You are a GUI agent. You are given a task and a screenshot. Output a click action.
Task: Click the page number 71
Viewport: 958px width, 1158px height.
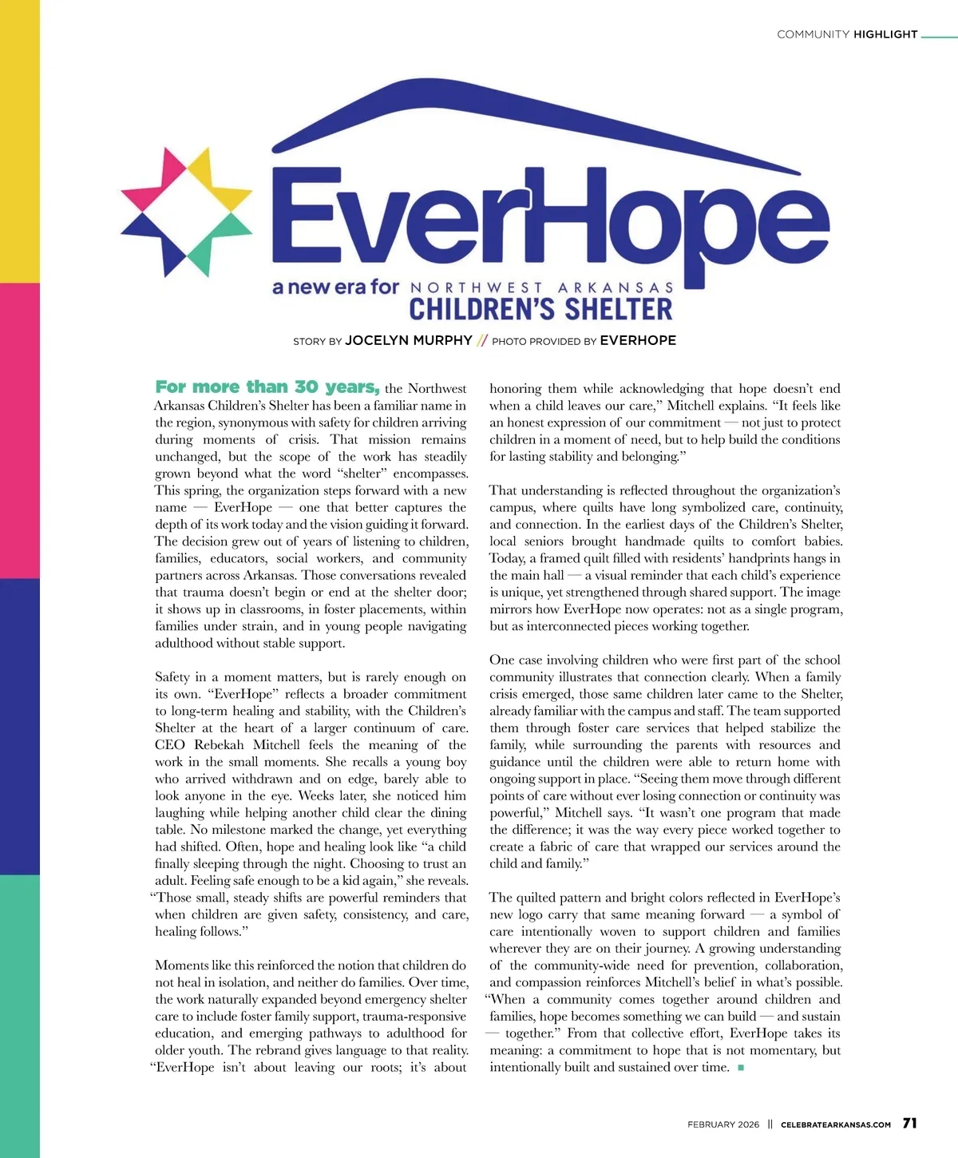click(909, 1123)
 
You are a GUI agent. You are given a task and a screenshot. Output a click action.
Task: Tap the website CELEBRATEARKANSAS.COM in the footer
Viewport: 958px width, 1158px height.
click(836, 1124)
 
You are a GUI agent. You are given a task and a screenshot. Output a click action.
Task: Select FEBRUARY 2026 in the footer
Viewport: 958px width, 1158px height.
click(723, 1124)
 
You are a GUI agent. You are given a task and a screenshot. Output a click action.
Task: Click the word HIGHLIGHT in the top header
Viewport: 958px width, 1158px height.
click(885, 34)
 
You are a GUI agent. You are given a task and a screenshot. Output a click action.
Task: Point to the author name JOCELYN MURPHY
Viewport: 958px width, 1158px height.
click(409, 340)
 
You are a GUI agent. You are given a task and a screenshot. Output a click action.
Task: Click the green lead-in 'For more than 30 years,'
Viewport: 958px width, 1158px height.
click(267, 387)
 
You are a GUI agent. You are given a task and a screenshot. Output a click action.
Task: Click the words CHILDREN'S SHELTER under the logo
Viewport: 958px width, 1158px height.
click(540, 309)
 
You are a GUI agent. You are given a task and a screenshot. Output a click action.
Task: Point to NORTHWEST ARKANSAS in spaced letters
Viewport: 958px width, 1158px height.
click(542, 288)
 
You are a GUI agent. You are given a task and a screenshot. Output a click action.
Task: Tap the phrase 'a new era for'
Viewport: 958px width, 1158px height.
click(335, 287)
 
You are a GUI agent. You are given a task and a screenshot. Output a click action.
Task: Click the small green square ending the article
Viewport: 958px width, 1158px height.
click(741, 1068)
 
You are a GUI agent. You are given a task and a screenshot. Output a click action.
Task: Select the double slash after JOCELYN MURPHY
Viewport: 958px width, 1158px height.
click(481, 341)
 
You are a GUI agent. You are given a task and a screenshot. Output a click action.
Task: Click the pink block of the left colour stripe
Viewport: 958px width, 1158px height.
click(19, 430)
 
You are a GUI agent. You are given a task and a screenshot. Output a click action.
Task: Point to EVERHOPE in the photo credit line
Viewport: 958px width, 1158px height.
click(638, 340)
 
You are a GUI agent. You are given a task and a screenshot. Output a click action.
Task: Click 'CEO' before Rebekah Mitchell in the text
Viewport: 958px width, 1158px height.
click(170, 745)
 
